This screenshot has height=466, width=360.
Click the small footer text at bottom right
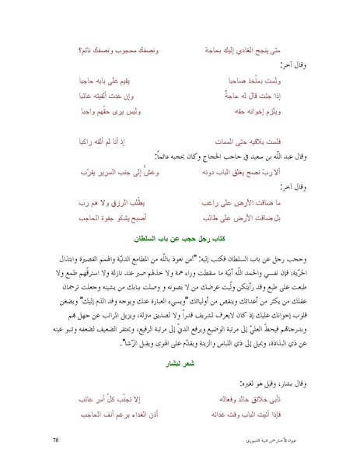pyautogui.click(x=300, y=441)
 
